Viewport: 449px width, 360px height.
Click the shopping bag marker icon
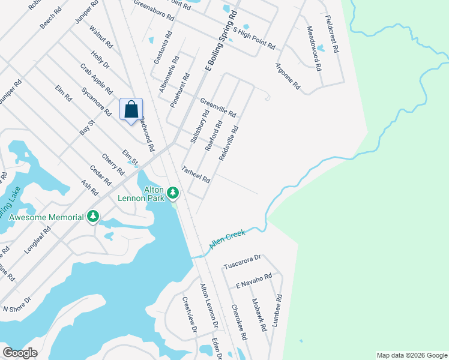tap(131, 110)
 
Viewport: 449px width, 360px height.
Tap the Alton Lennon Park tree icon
tap(173, 193)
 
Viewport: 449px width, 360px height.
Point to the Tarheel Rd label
tap(196, 175)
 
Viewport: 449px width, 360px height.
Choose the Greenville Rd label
tap(218, 107)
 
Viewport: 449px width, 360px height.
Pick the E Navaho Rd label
tap(254, 280)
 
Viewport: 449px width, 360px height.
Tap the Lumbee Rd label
tap(276, 310)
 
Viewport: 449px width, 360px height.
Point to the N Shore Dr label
tap(17, 304)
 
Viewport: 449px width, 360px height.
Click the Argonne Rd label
tap(288, 76)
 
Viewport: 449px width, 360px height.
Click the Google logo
tap(20, 353)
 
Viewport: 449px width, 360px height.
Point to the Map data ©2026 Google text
tap(411, 355)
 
